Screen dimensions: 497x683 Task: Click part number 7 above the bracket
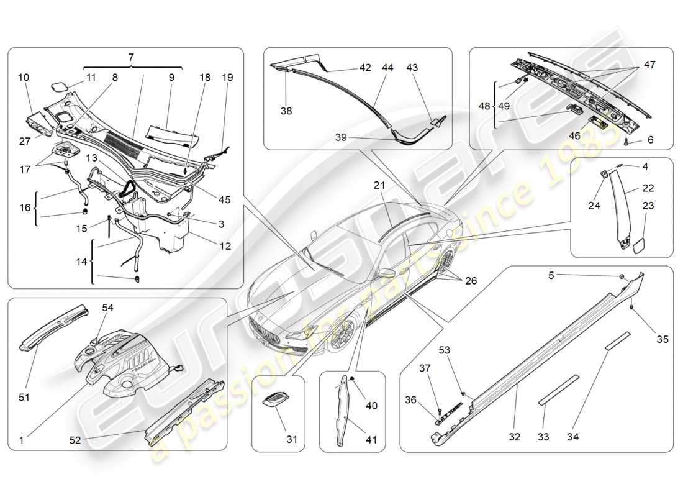131,57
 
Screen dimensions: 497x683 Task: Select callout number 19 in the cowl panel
227,78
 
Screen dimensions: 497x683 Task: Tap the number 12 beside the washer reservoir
225,246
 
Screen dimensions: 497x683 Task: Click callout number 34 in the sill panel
572,437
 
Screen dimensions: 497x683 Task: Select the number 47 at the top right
649,65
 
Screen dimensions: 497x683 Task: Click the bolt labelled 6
628,141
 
